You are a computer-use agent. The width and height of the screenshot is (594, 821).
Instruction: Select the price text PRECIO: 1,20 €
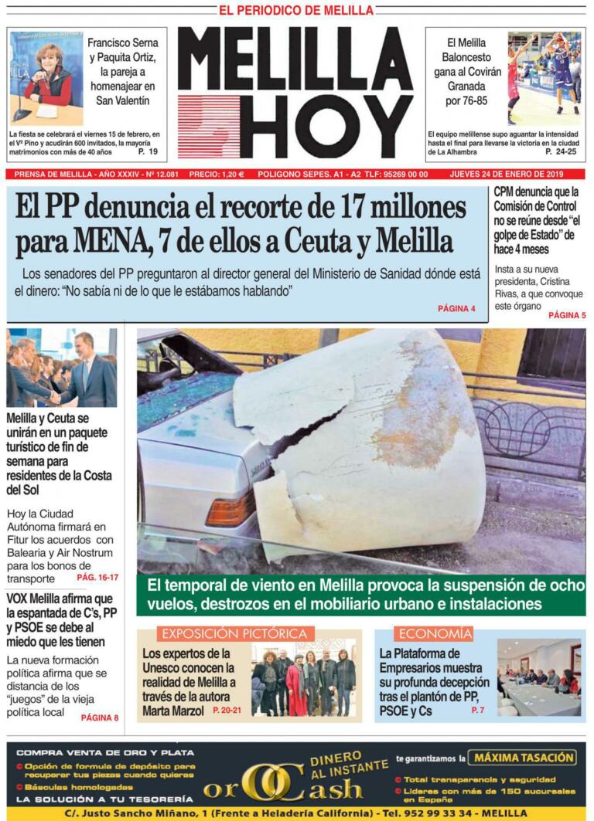coord(217,175)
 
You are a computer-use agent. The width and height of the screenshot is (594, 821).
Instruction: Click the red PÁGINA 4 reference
coord(456,308)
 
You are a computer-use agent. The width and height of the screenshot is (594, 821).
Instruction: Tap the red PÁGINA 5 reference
coord(567,315)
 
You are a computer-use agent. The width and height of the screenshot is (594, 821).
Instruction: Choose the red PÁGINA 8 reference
coord(100,718)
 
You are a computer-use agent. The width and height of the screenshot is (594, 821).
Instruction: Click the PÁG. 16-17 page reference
coord(97,577)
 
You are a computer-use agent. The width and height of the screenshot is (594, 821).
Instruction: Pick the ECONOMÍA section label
coord(433,634)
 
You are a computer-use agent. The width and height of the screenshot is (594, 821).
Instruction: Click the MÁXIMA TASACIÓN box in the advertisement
coord(524,758)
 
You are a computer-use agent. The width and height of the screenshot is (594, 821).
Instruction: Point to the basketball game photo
coord(544,78)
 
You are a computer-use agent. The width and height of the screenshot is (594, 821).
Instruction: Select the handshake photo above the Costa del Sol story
coord(62,368)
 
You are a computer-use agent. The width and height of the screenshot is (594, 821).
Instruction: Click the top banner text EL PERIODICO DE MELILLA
coord(296,10)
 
